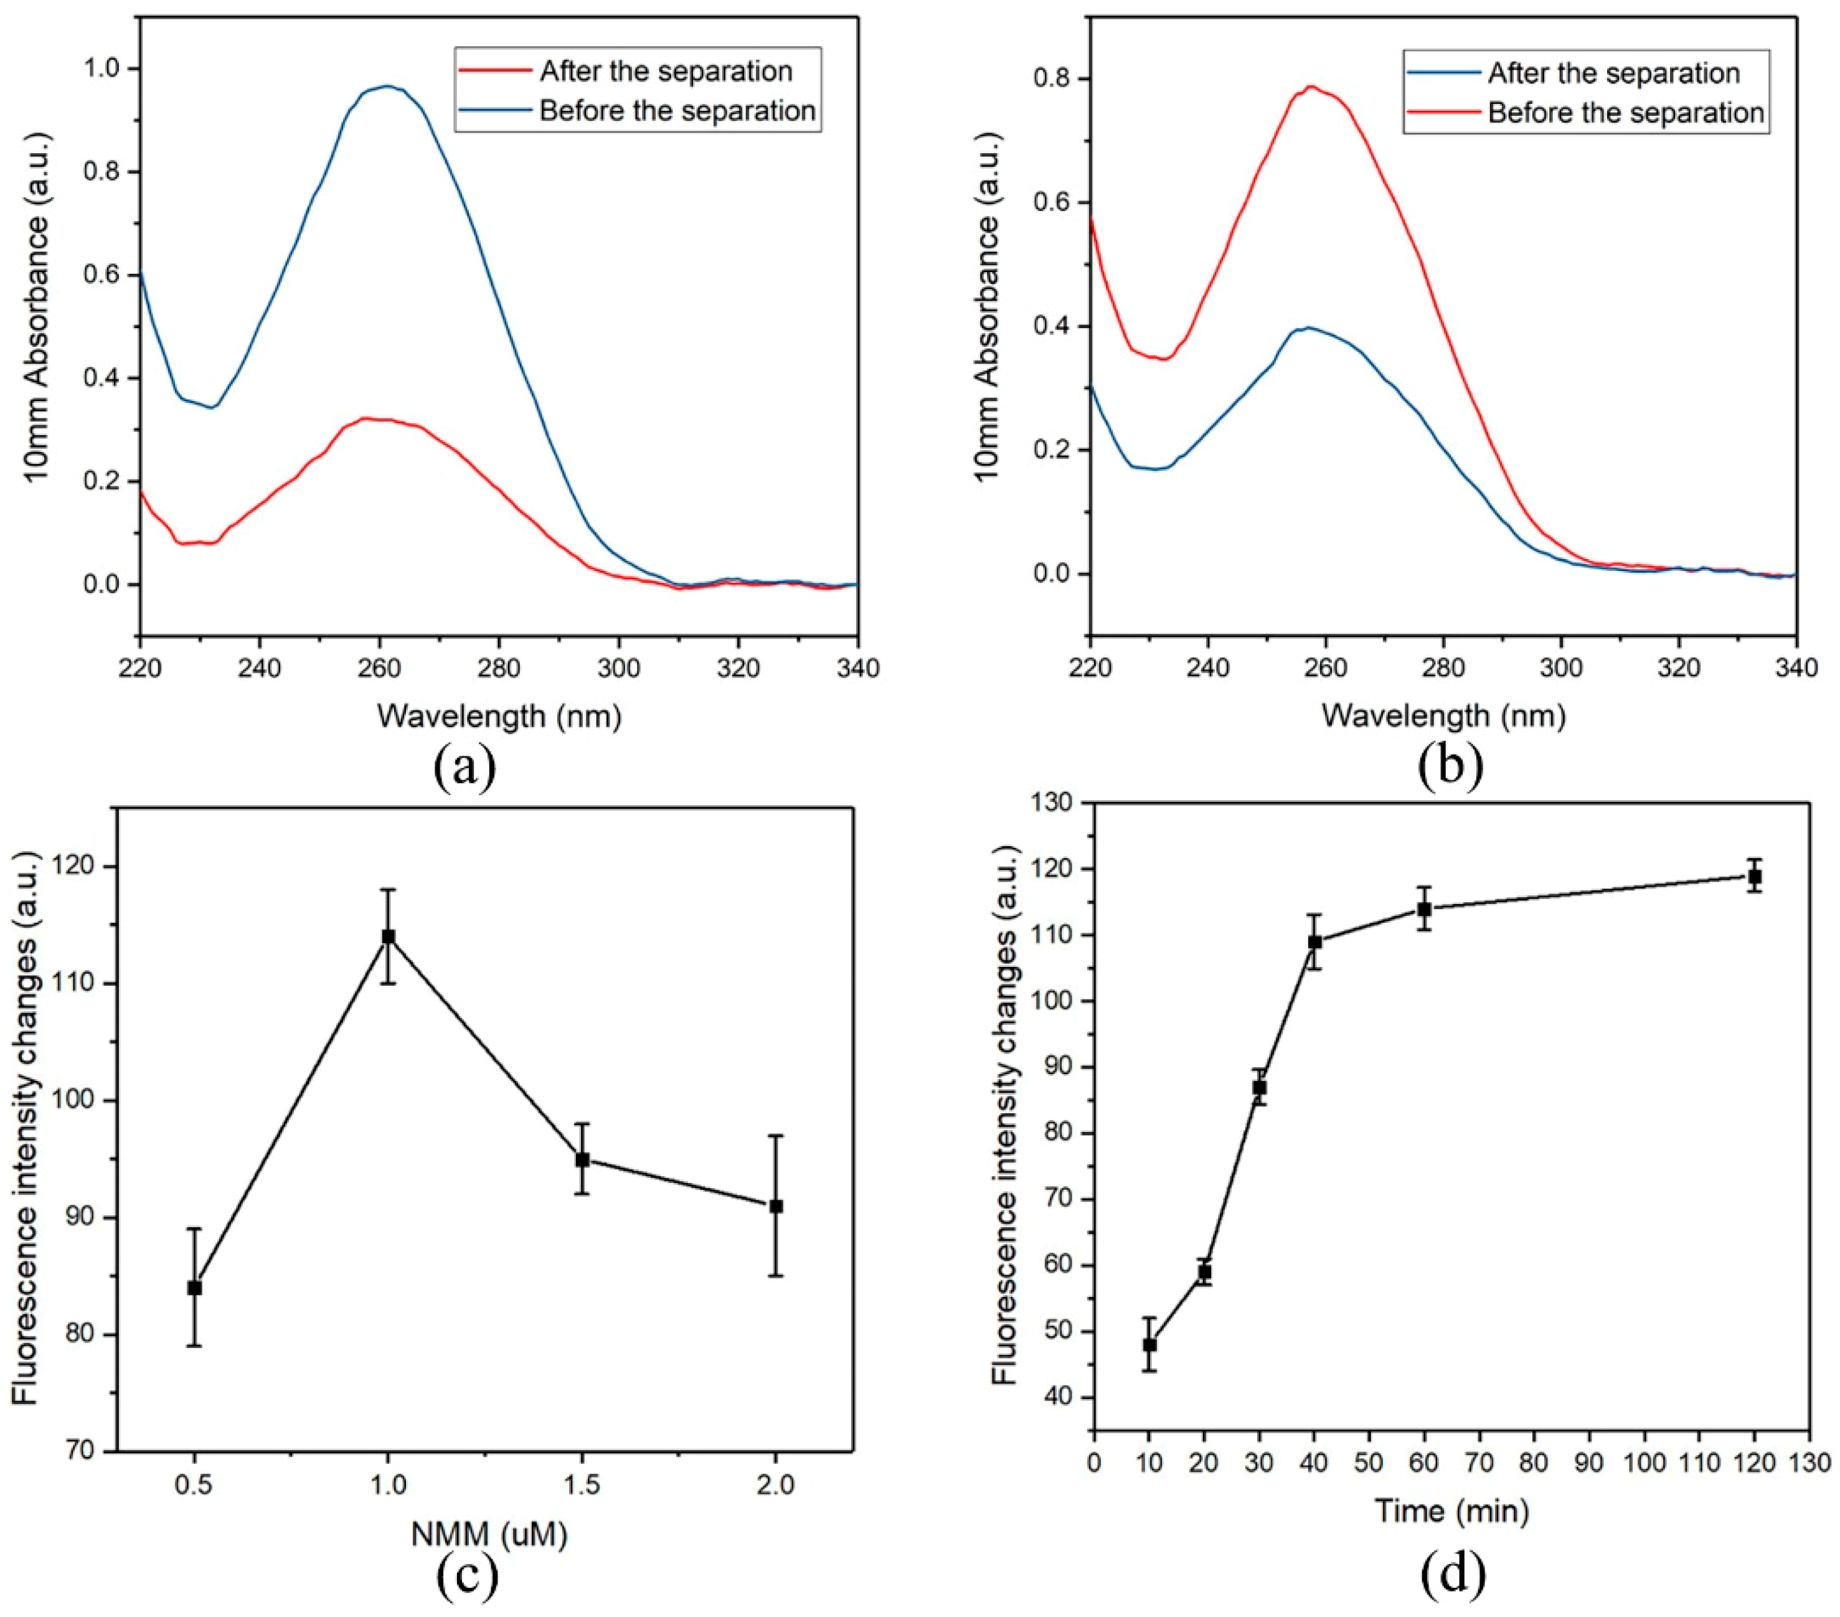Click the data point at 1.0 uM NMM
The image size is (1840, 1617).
click(x=388, y=936)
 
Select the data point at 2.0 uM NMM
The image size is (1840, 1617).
click(x=776, y=1205)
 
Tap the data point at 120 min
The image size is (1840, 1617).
click(x=1755, y=876)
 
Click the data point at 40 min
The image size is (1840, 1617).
click(x=1314, y=942)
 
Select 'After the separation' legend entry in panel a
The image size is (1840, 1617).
click(x=665, y=71)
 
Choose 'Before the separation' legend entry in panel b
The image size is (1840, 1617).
click(x=1625, y=113)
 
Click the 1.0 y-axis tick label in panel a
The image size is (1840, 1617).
click(x=101, y=69)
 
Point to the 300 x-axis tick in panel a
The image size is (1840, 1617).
click(x=618, y=668)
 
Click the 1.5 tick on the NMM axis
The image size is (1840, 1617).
click(x=582, y=1484)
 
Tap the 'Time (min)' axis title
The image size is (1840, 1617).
click(x=1451, y=1510)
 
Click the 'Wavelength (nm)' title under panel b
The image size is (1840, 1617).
click(x=1443, y=716)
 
